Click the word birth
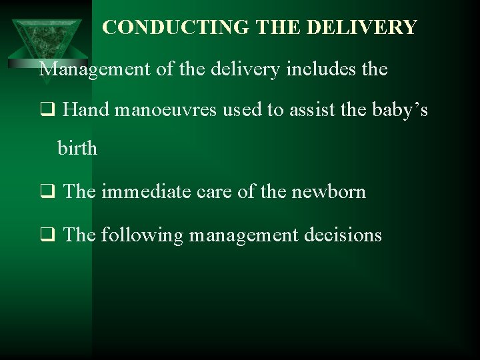pyautogui.click(x=78, y=149)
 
